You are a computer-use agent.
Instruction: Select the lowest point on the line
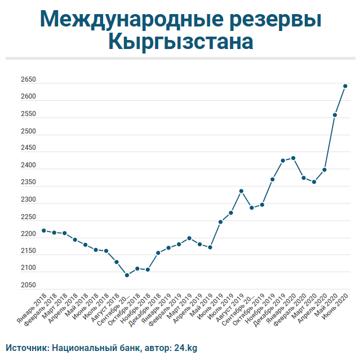(127, 275)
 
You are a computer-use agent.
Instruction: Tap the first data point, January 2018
(44, 230)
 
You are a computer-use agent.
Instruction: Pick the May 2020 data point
(335, 115)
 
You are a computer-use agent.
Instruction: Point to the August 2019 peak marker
(241, 191)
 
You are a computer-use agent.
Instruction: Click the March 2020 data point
(314, 182)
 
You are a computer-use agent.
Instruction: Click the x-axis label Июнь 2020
(337, 309)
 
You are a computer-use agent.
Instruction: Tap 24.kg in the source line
(185, 348)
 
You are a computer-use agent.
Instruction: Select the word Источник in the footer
(26, 348)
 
